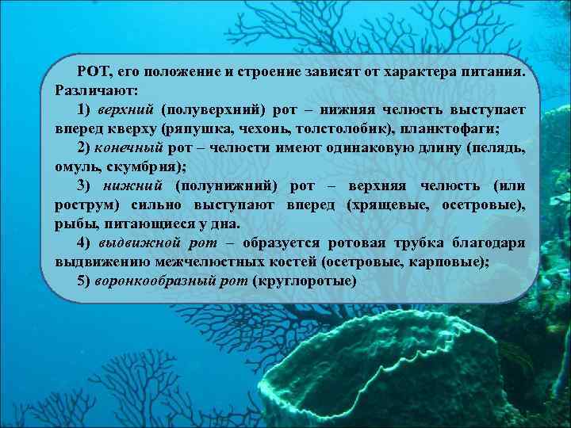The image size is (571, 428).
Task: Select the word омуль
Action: tap(76, 166)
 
